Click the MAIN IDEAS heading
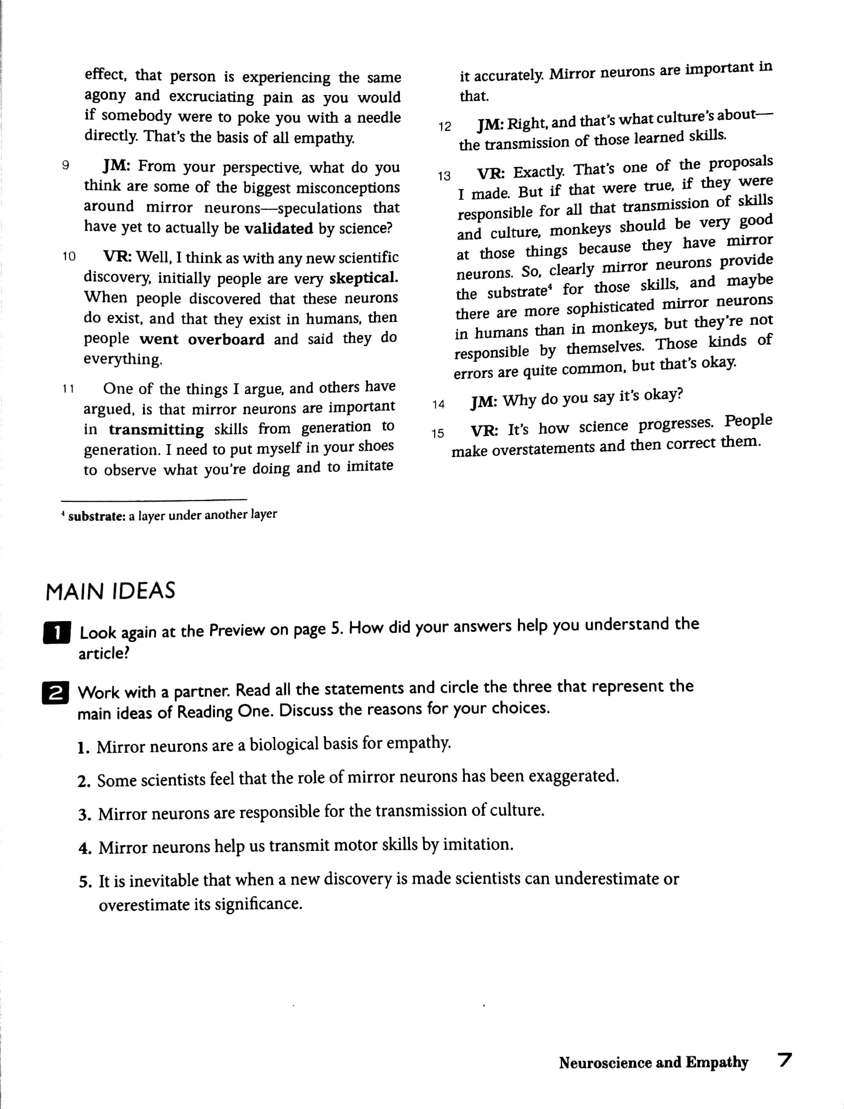[110, 591]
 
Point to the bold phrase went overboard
[202, 340]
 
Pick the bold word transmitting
[156, 430]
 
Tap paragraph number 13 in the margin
[444, 176]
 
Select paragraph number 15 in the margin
[438, 433]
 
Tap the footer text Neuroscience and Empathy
[653, 1063]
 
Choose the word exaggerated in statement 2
[570, 777]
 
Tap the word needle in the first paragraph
[379, 118]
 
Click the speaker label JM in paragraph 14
[484, 402]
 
